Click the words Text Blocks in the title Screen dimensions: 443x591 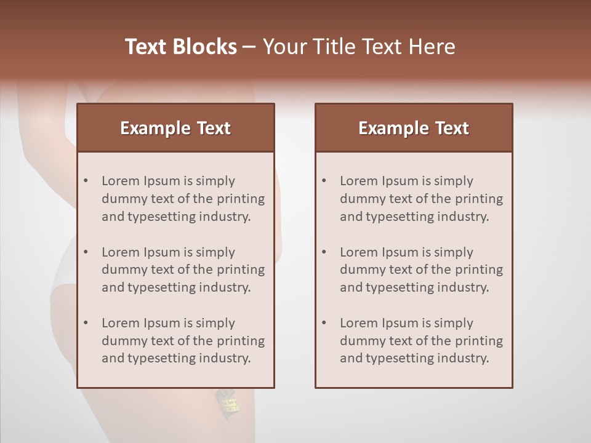point(180,47)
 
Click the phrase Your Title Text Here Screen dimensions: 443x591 point(359,47)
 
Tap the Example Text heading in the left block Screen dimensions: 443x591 point(175,128)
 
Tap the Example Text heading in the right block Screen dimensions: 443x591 point(414,128)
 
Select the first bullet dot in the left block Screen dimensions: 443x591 point(86,181)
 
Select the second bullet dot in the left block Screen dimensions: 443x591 point(86,252)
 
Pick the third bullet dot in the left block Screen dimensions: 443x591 point(86,323)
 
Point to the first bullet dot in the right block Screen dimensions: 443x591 point(324,181)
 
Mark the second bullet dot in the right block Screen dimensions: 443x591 point(324,252)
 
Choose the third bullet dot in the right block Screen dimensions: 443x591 point(324,323)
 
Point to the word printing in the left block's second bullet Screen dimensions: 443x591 point(242,270)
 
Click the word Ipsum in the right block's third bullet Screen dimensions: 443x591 point(401,323)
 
